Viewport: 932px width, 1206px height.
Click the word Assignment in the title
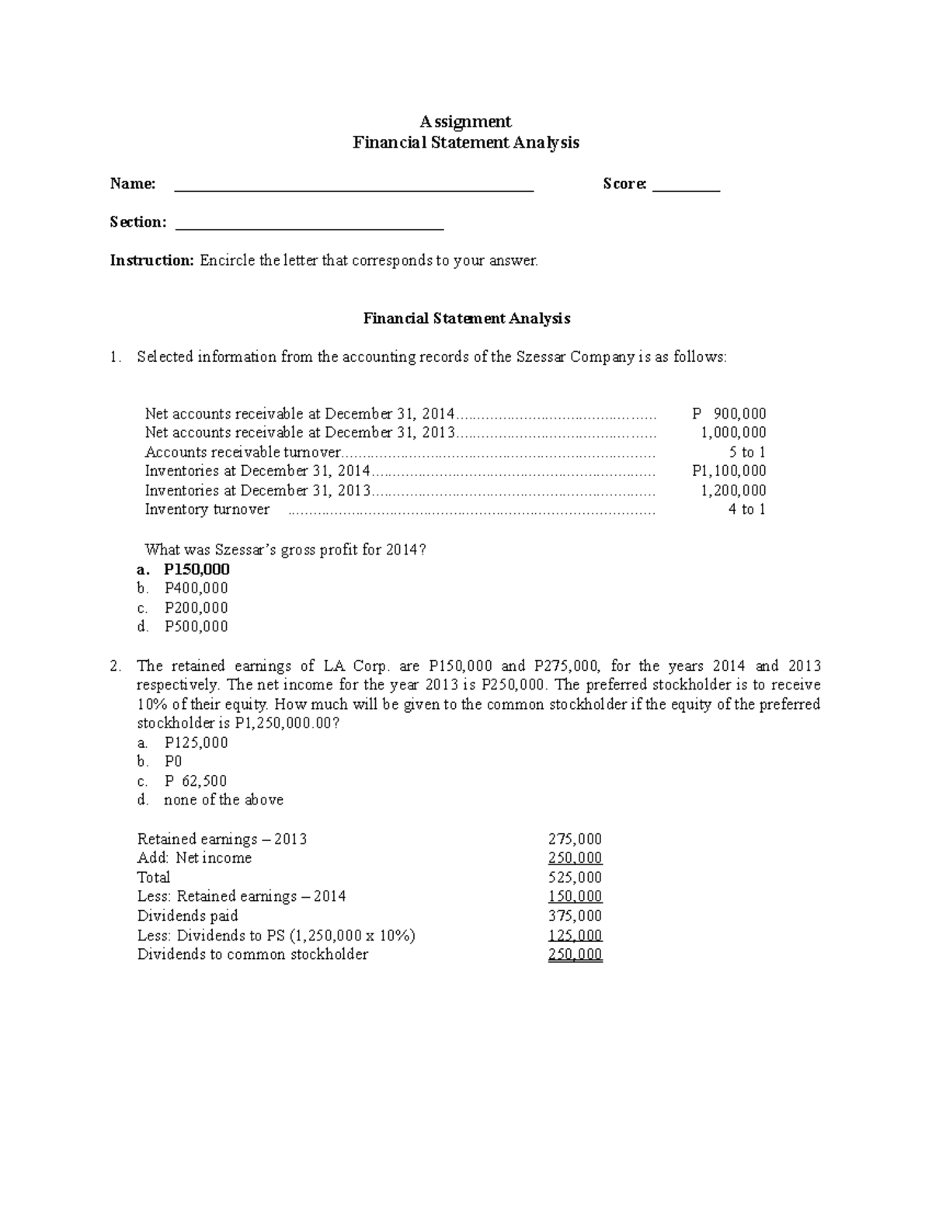pyautogui.click(x=465, y=121)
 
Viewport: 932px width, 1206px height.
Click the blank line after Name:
pyautogui.click(x=354, y=189)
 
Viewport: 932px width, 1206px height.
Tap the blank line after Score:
pyautogui.click(x=686, y=189)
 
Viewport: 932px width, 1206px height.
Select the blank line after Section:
pyautogui.click(x=310, y=228)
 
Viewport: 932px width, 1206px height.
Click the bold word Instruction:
pyautogui.click(x=151, y=260)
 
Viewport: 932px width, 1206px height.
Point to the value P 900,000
pyautogui.click(x=729, y=414)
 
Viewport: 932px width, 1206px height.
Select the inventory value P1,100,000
pyautogui.click(x=729, y=471)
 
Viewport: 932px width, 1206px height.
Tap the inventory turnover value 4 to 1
pyautogui.click(x=746, y=509)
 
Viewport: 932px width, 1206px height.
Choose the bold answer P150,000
pyautogui.click(x=196, y=569)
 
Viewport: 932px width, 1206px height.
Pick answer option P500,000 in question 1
pyautogui.click(x=196, y=627)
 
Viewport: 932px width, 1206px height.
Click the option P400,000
pyautogui.click(x=196, y=589)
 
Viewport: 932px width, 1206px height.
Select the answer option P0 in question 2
pyautogui.click(x=172, y=761)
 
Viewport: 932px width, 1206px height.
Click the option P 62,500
pyautogui.click(x=196, y=780)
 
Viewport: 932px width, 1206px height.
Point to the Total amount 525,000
pyautogui.click(x=575, y=878)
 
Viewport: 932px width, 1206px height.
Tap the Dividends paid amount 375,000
pyautogui.click(x=575, y=916)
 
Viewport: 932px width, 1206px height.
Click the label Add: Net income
pyautogui.click(x=194, y=858)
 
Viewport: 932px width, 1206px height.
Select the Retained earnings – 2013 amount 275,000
pyautogui.click(x=575, y=839)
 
